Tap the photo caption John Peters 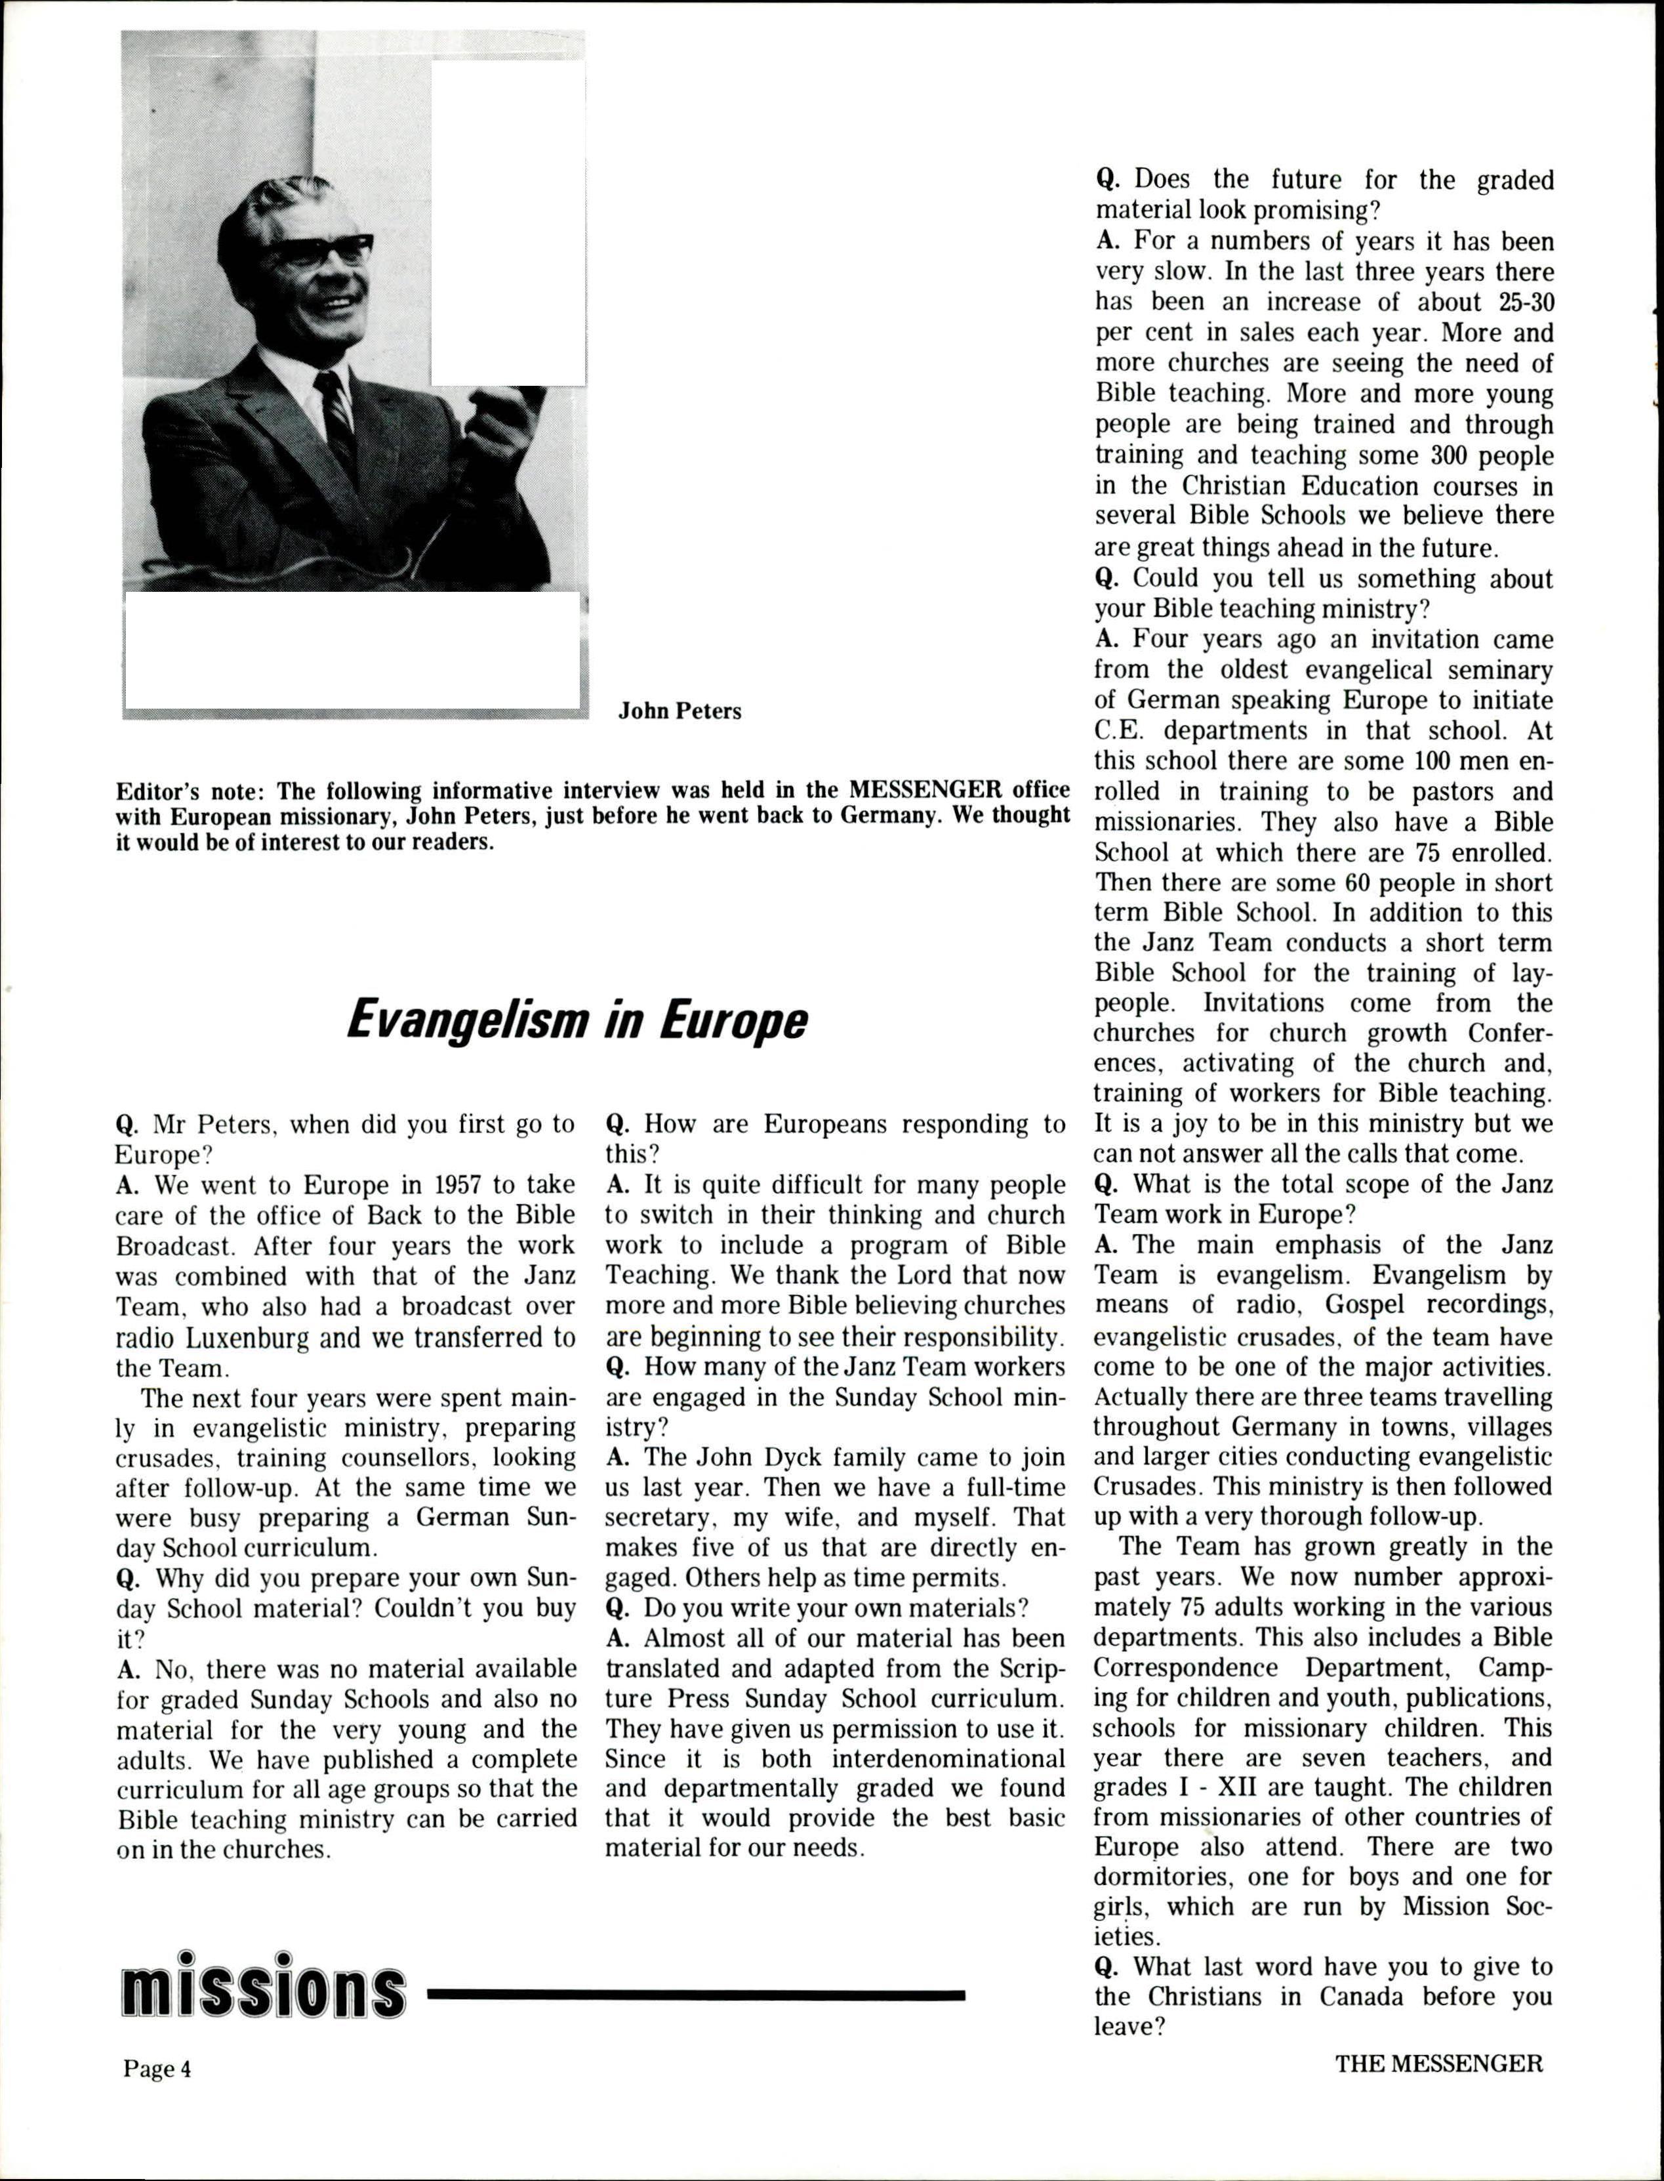point(680,711)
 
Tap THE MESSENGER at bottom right point(1438,2064)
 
